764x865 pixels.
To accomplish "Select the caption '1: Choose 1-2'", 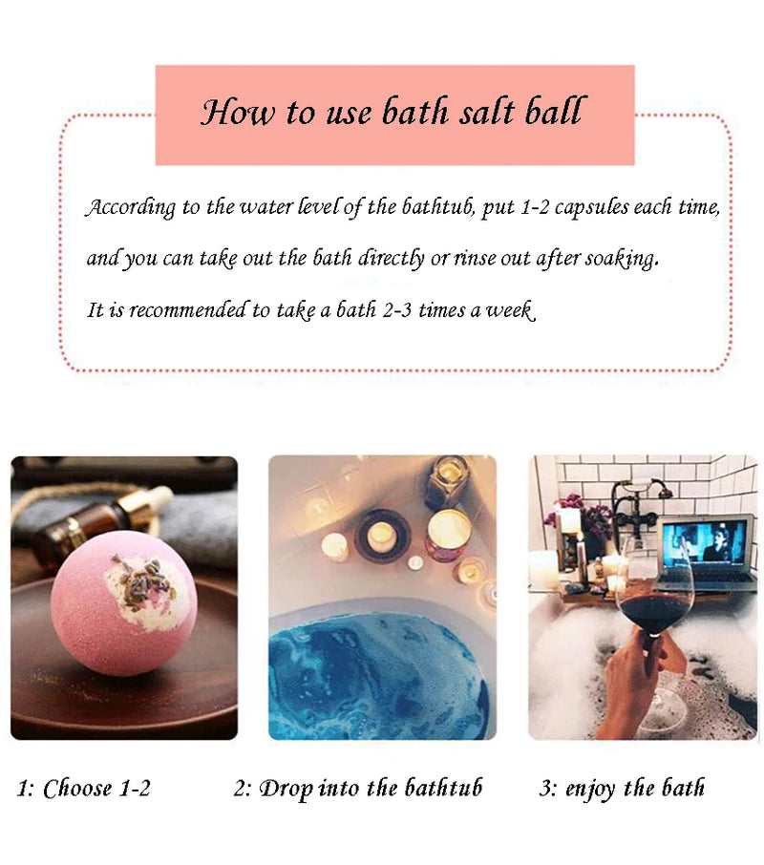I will coord(85,789).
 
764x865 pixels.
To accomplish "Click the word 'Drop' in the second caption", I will coord(286,789).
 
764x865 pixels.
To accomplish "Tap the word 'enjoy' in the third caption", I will coord(591,789).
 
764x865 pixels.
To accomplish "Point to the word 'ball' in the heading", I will coord(553,114).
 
